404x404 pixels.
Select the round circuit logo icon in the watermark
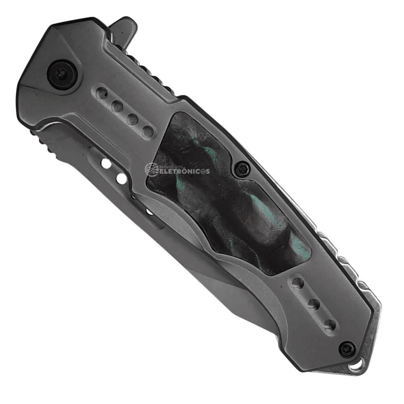coord(151,170)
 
